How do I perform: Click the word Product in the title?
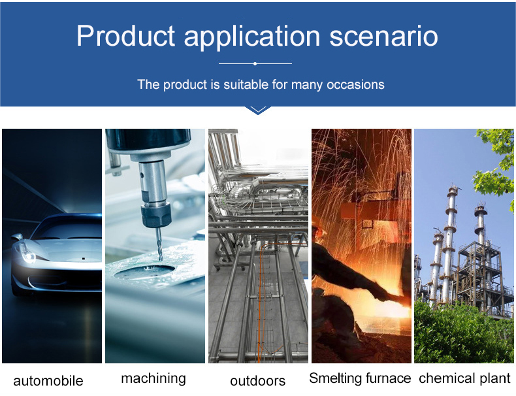tap(125, 35)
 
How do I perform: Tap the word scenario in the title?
tap(383, 36)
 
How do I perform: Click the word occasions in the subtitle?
tap(355, 84)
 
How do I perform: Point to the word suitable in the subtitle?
tap(246, 84)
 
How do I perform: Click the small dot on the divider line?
tap(255, 63)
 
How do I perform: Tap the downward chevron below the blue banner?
tap(258, 110)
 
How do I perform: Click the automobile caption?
tap(48, 381)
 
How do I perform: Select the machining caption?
tap(153, 379)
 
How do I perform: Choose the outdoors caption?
tap(257, 381)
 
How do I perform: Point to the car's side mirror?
tap(17, 237)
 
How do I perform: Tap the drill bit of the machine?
tap(159, 244)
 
